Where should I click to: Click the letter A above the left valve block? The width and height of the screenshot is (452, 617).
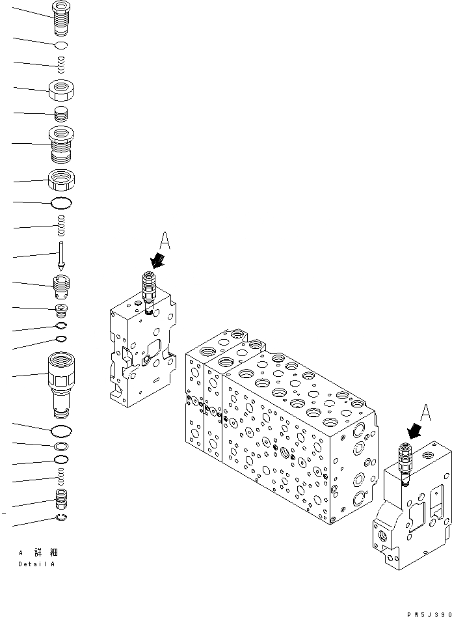(x=165, y=242)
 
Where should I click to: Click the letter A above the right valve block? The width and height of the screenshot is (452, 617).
(x=425, y=411)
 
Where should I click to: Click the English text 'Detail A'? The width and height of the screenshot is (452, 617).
(x=36, y=564)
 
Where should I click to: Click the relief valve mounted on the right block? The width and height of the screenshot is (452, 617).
(x=406, y=461)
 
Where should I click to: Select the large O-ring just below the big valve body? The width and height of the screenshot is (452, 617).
(x=61, y=431)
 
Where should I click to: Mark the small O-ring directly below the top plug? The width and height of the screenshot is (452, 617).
(x=61, y=45)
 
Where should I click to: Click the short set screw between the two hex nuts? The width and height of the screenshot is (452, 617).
(x=61, y=115)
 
